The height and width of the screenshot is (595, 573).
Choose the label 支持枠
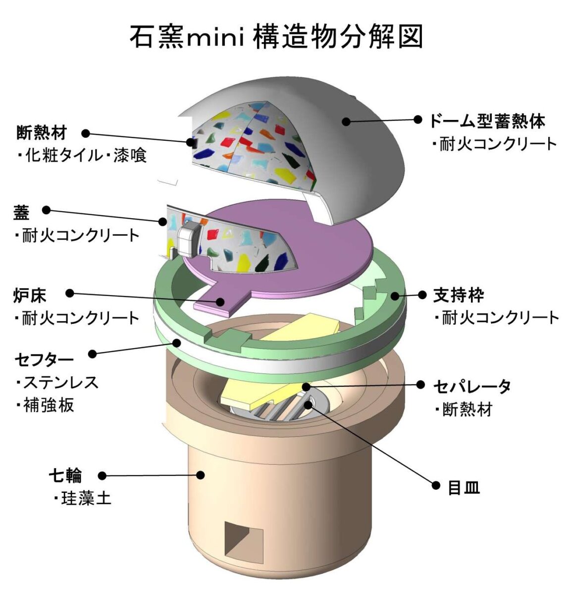point(458,295)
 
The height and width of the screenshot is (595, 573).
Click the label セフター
point(45,358)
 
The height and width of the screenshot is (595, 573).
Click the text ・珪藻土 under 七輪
point(82,498)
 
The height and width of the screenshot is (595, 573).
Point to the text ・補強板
point(45,405)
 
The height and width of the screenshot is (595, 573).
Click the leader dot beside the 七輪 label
point(102,476)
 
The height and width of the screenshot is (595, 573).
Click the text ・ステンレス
point(56,382)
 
